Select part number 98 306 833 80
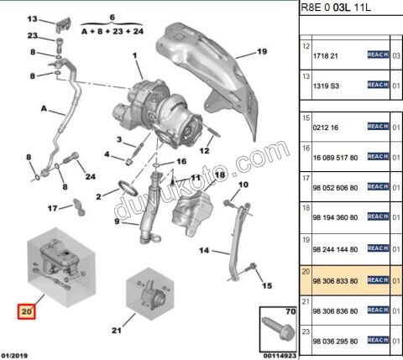(x=336, y=279)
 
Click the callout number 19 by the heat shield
(x=261, y=52)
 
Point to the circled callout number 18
(x=221, y=174)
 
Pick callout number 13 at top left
(x=31, y=18)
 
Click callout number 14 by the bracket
(x=203, y=250)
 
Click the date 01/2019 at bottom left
(x=19, y=355)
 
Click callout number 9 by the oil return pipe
(x=117, y=222)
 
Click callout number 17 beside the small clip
(x=52, y=207)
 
